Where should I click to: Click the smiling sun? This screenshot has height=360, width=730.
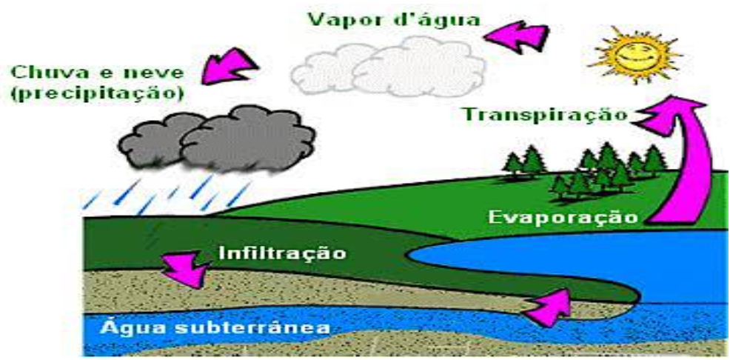[636, 55]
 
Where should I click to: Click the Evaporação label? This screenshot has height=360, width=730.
[563, 217]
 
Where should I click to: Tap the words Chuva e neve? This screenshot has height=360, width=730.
[97, 73]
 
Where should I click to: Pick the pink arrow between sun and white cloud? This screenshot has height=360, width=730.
[516, 37]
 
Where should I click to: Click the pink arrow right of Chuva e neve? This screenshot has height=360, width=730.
[229, 66]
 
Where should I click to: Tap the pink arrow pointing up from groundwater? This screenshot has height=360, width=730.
[549, 307]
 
